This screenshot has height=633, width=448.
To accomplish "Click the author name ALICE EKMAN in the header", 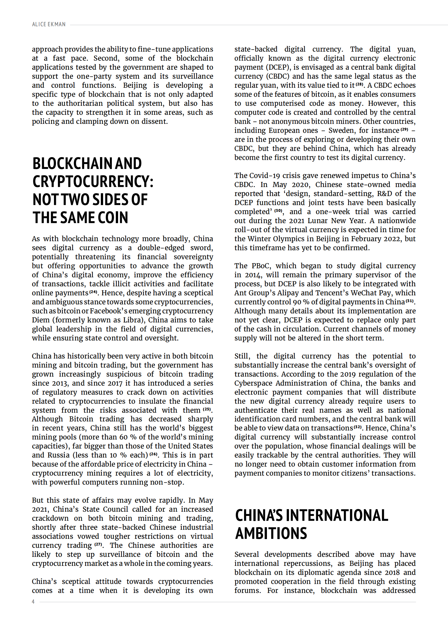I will click(x=49, y=25).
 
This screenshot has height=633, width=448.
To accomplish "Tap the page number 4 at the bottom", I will click(x=33, y=601).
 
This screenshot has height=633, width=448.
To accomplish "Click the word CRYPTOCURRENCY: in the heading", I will click(x=93, y=181).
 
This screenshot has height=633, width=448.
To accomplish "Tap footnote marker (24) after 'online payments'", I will click(x=93, y=292).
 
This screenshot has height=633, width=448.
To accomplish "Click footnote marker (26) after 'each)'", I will click(x=153, y=454).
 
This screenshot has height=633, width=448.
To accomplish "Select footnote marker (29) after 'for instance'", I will click(x=404, y=129).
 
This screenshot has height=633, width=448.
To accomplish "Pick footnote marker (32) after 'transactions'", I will click(x=358, y=427).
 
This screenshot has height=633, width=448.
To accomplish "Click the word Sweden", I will click(x=342, y=131).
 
